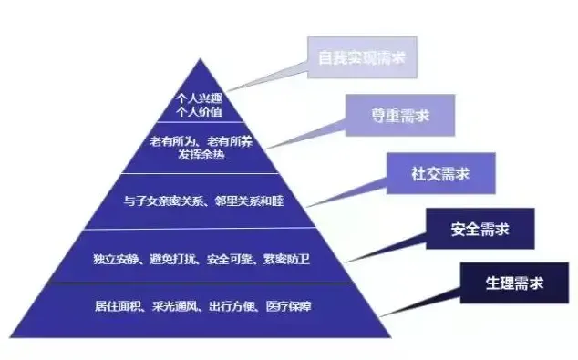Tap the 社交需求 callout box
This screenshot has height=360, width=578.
point(442,172)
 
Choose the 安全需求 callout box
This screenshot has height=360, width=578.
point(480,228)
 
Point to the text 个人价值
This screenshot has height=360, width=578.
point(198,111)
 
